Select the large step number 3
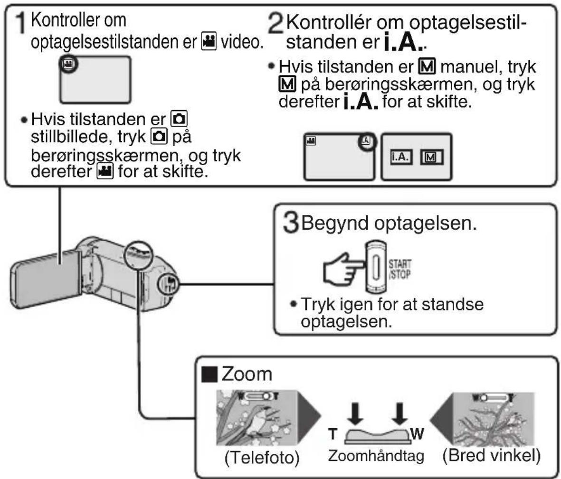coord(291,222)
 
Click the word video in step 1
coord(241,42)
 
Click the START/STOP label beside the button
coord(399,269)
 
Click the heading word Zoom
coord(247,374)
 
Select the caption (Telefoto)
coord(262,457)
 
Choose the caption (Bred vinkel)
coord(492,456)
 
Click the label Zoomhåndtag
coord(376,456)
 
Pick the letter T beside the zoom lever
coord(333,433)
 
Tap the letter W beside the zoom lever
coord(417,433)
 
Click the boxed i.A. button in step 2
coord(401,157)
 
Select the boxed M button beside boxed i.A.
coord(431,157)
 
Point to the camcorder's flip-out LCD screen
coord(46,279)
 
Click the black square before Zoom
coord(209,374)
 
